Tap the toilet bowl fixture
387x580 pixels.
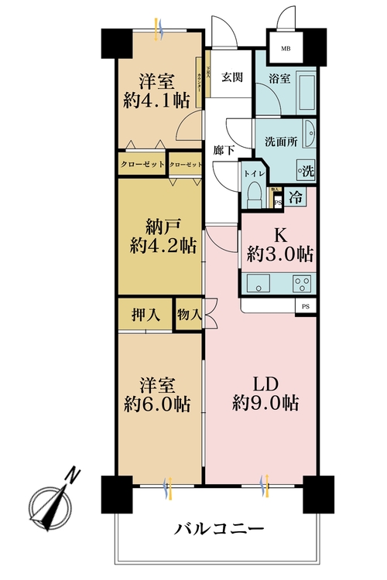pos(252,196)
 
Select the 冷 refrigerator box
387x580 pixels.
pos(296,196)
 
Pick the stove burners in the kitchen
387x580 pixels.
pos(301,284)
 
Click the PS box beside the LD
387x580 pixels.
pos(306,307)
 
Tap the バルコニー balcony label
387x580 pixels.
pos(220,530)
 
